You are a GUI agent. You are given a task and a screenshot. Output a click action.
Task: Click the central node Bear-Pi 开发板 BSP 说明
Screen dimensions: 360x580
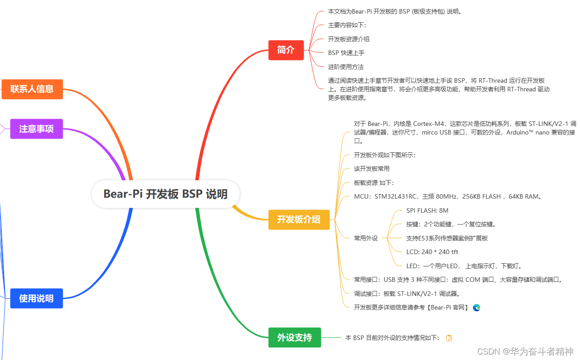point(165,194)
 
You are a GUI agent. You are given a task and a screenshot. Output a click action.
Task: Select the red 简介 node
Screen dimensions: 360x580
point(286,50)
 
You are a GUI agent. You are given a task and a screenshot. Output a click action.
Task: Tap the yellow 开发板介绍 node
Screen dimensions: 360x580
point(299,220)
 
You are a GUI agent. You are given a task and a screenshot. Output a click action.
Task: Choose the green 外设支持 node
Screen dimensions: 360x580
point(295,338)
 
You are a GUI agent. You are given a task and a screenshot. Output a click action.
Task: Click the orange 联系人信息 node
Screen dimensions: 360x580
point(32,89)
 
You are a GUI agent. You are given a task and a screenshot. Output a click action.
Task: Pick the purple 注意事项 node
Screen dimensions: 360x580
point(36,129)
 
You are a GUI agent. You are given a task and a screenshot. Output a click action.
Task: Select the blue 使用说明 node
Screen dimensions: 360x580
point(36,299)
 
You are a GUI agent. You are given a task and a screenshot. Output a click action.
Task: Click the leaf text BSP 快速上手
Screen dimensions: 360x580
point(346,53)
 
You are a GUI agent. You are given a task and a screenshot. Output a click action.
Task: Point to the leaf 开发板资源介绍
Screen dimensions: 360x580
point(349,39)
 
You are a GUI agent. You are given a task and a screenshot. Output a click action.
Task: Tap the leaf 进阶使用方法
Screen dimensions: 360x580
point(346,67)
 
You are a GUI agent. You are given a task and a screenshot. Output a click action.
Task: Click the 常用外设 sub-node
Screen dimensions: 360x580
point(366,238)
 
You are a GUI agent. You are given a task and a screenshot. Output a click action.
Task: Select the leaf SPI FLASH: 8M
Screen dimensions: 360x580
point(427,210)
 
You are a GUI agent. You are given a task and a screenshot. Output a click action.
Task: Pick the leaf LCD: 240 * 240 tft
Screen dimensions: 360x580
point(432,252)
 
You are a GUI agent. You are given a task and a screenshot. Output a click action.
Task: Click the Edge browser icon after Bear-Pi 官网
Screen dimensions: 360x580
point(476,307)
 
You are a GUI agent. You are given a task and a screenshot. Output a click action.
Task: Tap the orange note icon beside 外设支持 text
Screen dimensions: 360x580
point(449,338)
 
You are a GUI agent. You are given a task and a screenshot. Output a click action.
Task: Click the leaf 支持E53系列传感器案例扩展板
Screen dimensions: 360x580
point(447,238)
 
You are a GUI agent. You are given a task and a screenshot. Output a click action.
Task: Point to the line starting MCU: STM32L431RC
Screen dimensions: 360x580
point(448,197)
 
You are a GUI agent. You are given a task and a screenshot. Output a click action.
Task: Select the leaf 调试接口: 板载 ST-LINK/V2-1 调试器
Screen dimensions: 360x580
point(407,294)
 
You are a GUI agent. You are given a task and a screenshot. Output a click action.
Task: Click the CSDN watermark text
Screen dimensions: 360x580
point(525,351)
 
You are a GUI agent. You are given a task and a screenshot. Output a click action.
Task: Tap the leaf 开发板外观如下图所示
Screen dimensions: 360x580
point(385,155)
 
